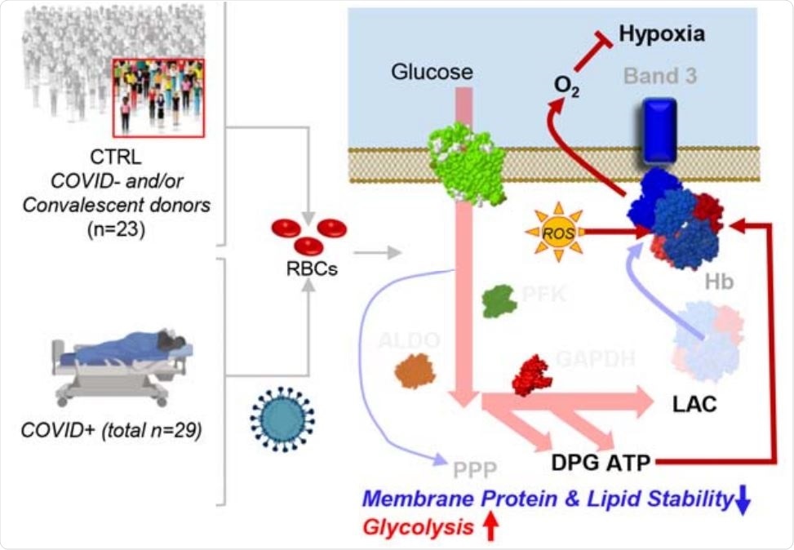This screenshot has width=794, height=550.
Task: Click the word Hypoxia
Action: (661, 34)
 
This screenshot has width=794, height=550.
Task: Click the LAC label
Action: (694, 405)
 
